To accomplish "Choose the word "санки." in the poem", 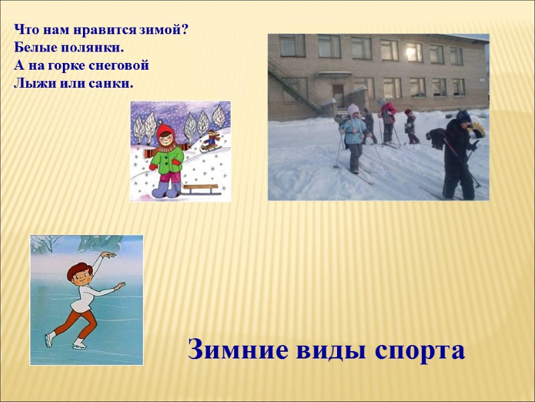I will click(x=110, y=84).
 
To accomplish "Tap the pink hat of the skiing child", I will click(x=353, y=109).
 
